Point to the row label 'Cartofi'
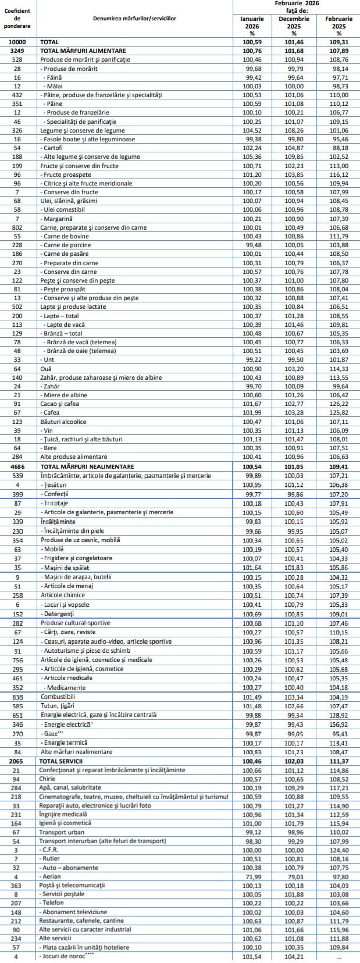pos(55,148)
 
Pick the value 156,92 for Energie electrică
pos(338,725)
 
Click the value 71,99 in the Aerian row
pos(252,876)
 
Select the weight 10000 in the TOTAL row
pos(17,42)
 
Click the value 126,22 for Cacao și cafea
pos(338,404)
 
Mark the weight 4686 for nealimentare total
pos(17,466)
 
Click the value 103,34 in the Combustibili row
pos(294,697)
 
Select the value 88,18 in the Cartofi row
pos(338,148)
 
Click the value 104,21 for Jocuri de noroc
pos(294,957)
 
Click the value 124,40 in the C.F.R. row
pos(338,850)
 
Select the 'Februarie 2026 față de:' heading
pos(296,7)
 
